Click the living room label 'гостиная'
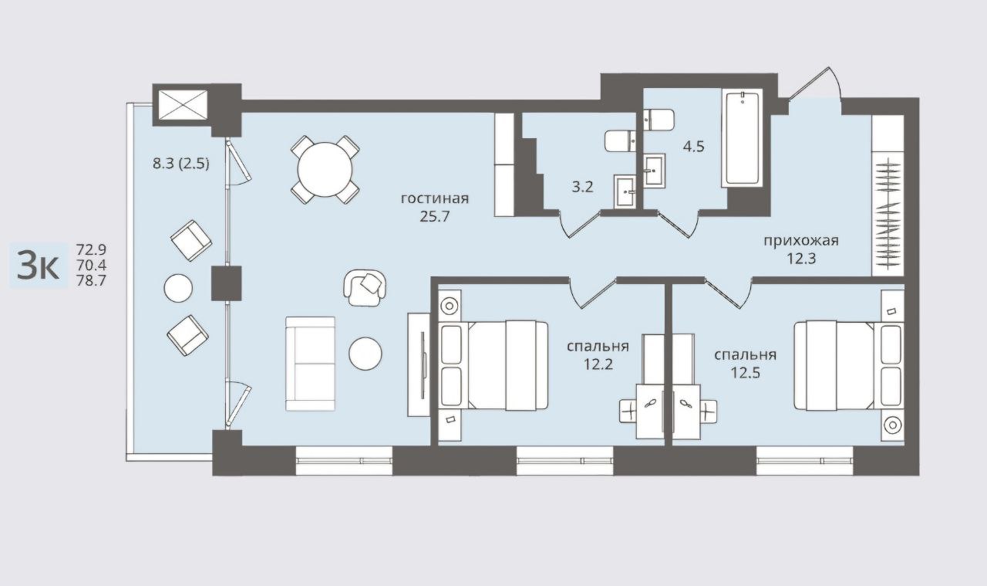(434, 199)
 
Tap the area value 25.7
(434, 216)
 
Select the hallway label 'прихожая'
(801, 241)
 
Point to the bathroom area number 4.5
(693, 146)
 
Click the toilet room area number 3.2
(582, 187)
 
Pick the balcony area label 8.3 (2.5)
(180, 164)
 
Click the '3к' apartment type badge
(38, 265)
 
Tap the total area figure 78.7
(91, 280)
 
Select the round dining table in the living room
(325, 169)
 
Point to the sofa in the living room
(310, 364)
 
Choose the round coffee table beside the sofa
(365, 354)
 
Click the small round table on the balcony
(178, 288)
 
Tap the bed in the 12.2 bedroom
(493, 366)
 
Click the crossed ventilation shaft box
(183, 105)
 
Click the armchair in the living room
(365, 287)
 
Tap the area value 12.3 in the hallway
(801, 259)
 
